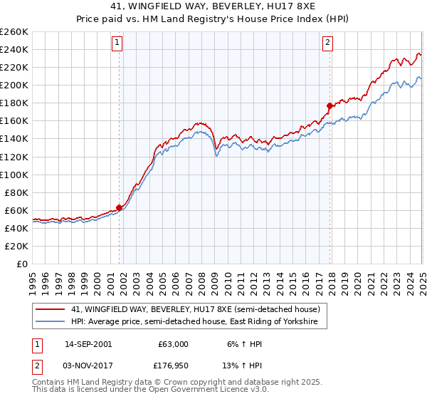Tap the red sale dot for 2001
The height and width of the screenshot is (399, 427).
[x=119, y=207]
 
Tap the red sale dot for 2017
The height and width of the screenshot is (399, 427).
[x=330, y=105]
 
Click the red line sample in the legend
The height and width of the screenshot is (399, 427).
[x=50, y=310]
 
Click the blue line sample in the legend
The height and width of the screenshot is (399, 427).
[x=50, y=322]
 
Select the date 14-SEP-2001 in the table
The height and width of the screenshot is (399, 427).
[x=88, y=343]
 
